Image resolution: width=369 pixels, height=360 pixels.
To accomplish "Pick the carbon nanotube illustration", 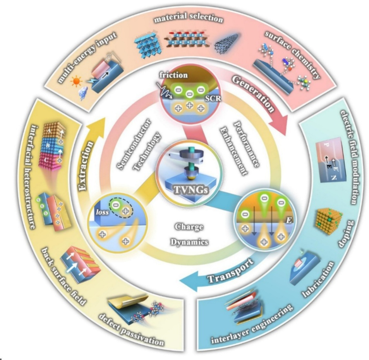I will pyautogui.click(x=227, y=39).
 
